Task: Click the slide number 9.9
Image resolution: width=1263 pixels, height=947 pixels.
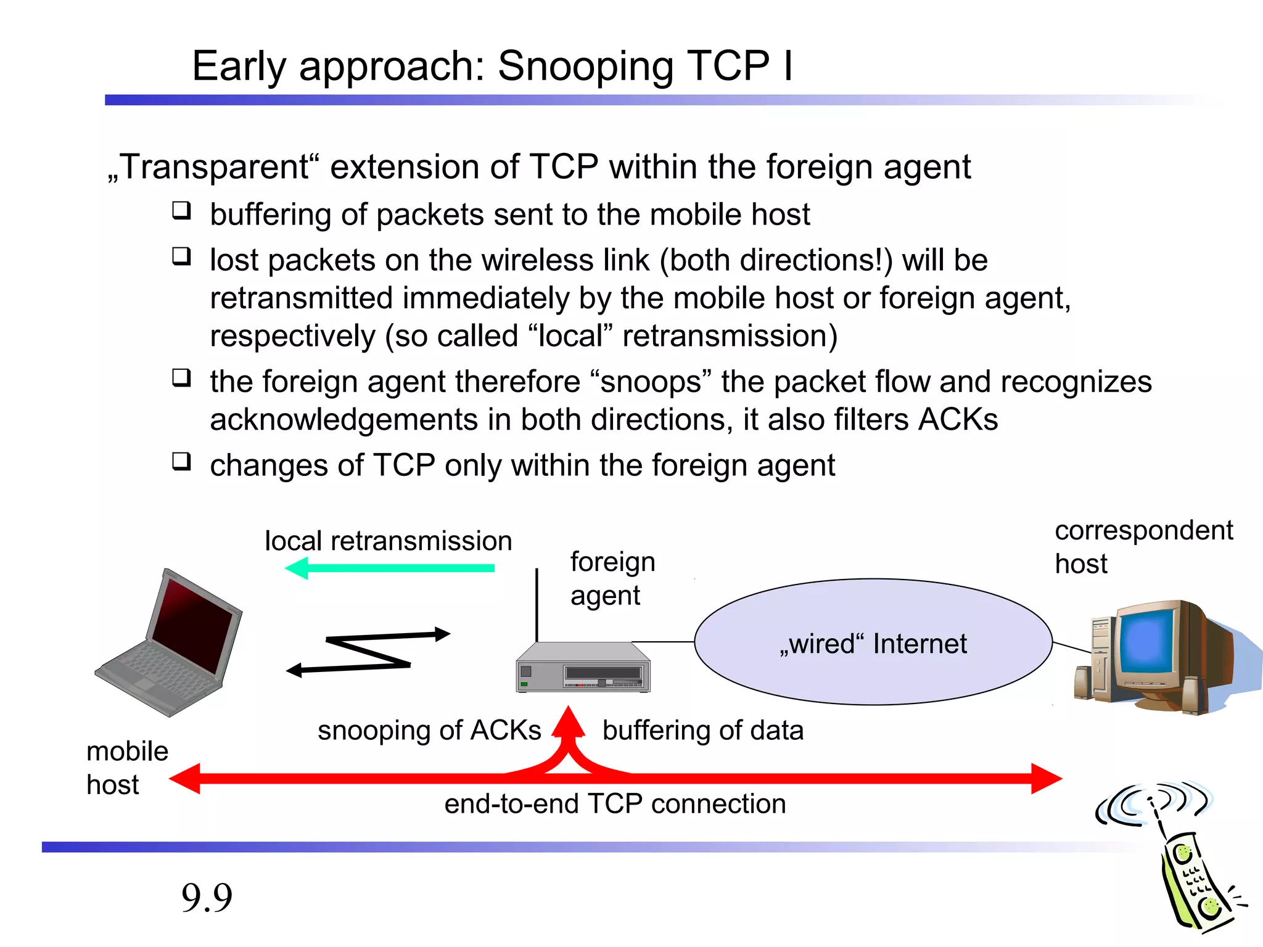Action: click(x=207, y=898)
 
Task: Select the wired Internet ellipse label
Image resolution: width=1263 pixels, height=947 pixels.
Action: click(x=873, y=644)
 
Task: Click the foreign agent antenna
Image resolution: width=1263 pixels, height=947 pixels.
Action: click(x=537, y=604)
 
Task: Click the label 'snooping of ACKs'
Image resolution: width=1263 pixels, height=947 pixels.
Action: click(x=429, y=731)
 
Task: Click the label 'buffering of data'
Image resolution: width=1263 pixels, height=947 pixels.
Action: click(x=703, y=731)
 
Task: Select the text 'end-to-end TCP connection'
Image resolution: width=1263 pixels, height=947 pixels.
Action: click(x=615, y=804)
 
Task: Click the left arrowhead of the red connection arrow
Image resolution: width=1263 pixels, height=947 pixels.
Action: click(x=185, y=779)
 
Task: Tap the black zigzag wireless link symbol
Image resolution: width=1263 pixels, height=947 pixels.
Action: click(x=369, y=652)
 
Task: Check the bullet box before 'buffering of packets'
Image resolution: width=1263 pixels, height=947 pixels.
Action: click(x=181, y=211)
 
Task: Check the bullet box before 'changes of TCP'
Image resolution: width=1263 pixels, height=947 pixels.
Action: click(x=181, y=461)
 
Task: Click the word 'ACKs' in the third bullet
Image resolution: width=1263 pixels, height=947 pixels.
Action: click(x=958, y=420)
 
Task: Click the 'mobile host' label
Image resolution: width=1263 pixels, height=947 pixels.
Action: click(x=126, y=768)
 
